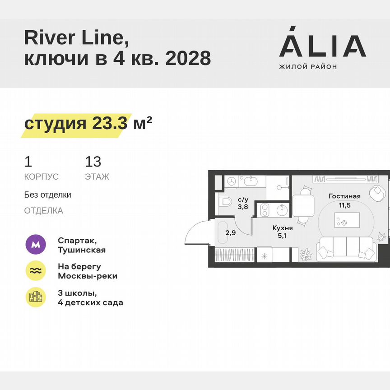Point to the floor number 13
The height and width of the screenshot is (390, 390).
coord(93,161)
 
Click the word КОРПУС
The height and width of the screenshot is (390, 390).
coord(41,177)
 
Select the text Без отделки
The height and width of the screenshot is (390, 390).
coord(48,195)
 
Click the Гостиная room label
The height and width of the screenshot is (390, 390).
coord(344,196)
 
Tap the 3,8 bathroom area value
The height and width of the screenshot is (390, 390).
coord(243,207)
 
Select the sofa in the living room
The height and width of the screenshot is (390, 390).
coord(346,250)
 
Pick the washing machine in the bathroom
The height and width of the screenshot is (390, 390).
coord(232,181)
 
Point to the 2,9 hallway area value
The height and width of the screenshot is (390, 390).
coord(230,233)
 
